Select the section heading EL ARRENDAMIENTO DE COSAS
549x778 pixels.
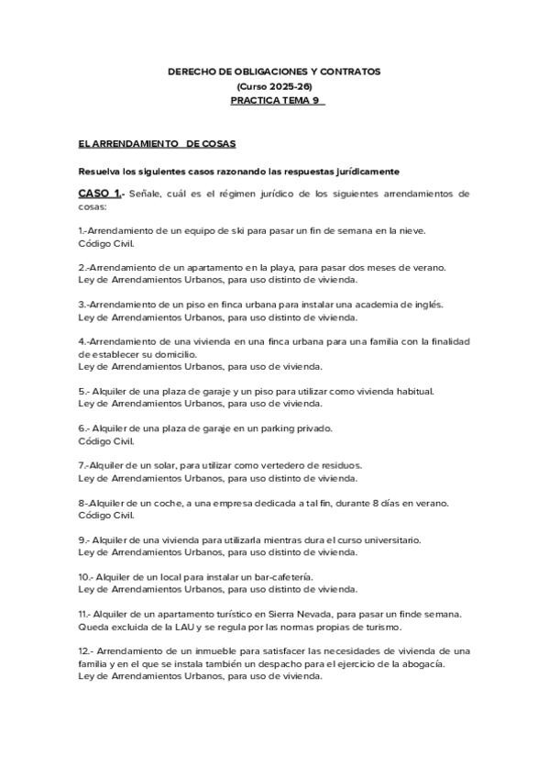[x=157, y=144]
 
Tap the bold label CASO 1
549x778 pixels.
[x=101, y=194]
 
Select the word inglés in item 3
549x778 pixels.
[x=426, y=304]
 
